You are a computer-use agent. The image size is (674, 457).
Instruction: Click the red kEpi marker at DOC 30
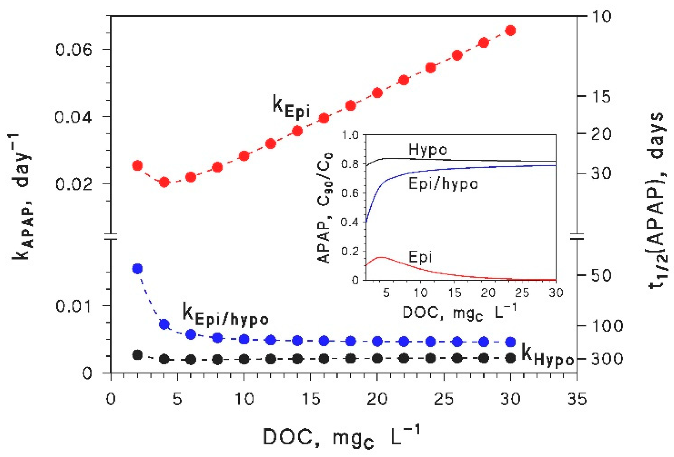tap(510, 31)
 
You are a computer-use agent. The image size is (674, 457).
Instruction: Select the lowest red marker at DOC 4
tap(164, 182)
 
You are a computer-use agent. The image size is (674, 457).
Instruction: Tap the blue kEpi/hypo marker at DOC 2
tap(137, 268)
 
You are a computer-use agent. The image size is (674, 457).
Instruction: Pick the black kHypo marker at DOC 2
tap(137, 355)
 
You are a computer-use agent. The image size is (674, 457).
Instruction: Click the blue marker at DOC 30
tap(510, 342)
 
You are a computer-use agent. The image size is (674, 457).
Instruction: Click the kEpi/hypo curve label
tap(225, 315)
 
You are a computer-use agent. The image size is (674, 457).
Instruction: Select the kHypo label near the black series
tap(547, 357)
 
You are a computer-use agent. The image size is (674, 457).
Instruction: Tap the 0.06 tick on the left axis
tap(73, 50)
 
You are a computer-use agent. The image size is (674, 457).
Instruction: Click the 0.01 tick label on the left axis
tap(73, 306)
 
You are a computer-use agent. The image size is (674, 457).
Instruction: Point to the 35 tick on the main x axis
tap(577, 399)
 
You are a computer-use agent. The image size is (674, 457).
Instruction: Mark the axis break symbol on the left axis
tap(110, 237)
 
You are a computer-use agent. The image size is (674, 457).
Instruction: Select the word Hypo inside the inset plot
tap(428, 150)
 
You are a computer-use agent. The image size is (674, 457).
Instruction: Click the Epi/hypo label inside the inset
tap(443, 184)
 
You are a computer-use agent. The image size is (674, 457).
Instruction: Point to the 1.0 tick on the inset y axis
tap(350, 135)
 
